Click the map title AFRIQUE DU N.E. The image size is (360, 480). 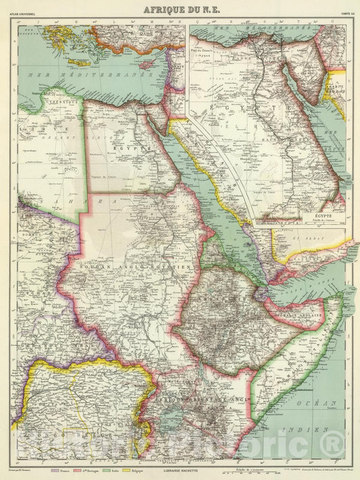pyautogui.click(x=180, y=8)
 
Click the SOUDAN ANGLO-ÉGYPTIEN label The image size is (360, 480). pyautogui.click(x=135, y=268)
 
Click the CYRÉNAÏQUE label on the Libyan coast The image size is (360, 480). pyautogui.click(x=65, y=101)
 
